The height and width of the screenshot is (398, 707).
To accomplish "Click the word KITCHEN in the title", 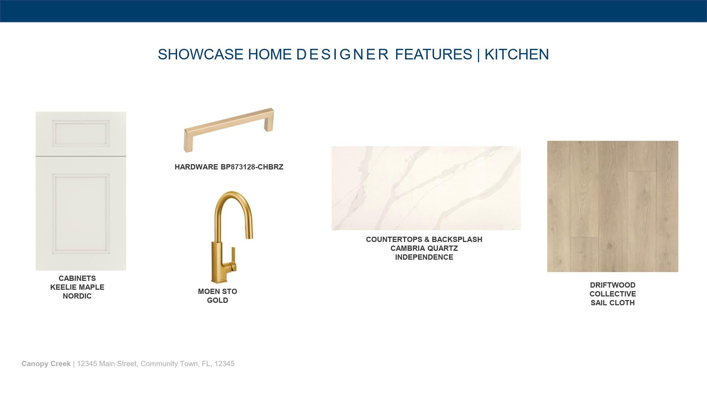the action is (x=516, y=54).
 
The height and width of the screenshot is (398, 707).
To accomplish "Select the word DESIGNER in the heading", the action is (x=343, y=54).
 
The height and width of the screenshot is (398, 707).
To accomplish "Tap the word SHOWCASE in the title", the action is (x=200, y=54).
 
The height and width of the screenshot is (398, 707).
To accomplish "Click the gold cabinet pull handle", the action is (x=229, y=130).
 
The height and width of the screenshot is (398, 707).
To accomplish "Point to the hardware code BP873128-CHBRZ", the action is (x=252, y=167).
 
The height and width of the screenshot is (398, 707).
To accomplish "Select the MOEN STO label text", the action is (x=217, y=292).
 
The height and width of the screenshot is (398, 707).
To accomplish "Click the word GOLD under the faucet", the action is (x=217, y=300).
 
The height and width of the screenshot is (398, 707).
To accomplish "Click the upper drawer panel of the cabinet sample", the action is (x=81, y=133).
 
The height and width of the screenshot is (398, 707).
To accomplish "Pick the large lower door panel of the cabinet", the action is (x=81, y=213).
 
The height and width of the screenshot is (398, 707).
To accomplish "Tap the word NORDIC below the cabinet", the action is (x=77, y=296).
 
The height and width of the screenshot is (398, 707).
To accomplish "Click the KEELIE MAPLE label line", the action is (x=77, y=287).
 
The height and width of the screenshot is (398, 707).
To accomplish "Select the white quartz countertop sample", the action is (x=426, y=188).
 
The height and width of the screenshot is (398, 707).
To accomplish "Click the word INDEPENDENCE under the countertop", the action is (x=424, y=257).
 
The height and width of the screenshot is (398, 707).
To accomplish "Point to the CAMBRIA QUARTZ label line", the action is (x=424, y=248).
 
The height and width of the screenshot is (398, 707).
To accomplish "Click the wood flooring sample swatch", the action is (x=613, y=206).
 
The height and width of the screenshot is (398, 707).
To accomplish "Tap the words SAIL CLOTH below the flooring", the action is (x=613, y=303).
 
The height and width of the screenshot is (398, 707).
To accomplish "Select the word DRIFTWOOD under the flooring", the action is (x=613, y=285).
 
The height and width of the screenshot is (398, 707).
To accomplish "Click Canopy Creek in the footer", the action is (x=46, y=364).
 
